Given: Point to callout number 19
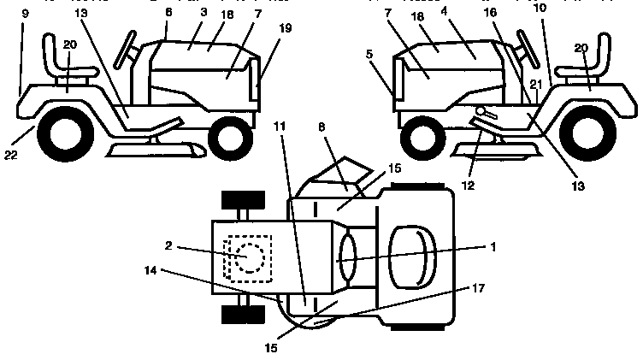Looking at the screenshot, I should pyautogui.click(x=285, y=27).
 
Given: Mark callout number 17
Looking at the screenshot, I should pyautogui.click(x=478, y=289).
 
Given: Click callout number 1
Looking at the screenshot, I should pyautogui.click(x=493, y=245).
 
